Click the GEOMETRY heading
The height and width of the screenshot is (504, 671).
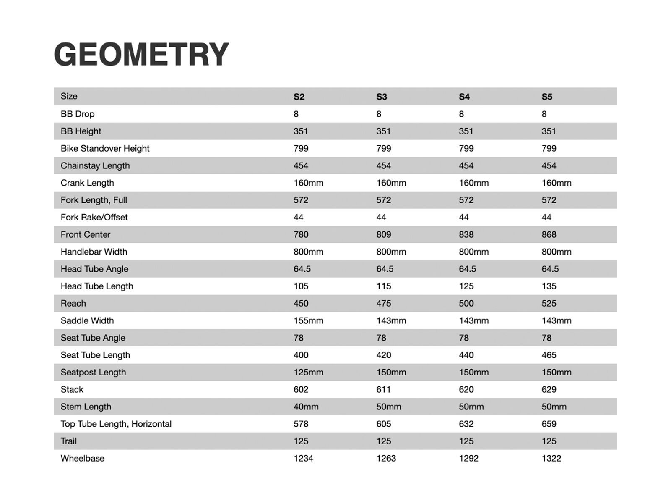[x=141, y=55]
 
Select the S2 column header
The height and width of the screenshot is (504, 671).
[x=299, y=97]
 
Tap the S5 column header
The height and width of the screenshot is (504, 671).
[x=547, y=97]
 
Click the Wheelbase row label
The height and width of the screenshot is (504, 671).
[x=82, y=458]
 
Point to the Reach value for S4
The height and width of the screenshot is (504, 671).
[x=466, y=303]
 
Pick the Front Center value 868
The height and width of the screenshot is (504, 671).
[x=549, y=234]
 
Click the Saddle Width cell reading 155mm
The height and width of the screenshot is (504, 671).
[x=308, y=320]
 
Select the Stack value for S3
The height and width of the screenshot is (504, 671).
[x=383, y=389]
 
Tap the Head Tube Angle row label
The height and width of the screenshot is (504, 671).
[x=94, y=269]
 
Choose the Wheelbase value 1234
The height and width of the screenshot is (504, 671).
[x=303, y=458]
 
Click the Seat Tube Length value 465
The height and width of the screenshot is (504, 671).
[x=549, y=355]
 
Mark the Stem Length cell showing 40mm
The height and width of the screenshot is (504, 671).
[x=306, y=407]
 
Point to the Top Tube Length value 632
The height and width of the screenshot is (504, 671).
[x=466, y=424]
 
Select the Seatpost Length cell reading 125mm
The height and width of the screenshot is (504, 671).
[x=308, y=372]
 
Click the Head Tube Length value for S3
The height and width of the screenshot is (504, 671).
[x=383, y=286]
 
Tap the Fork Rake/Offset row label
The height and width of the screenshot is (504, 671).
[x=94, y=217]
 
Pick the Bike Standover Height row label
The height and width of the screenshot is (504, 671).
[x=105, y=148]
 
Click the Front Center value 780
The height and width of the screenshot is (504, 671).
[x=301, y=234]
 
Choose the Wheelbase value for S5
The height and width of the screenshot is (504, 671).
[x=551, y=458]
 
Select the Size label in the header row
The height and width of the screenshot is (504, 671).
[x=69, y=96]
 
